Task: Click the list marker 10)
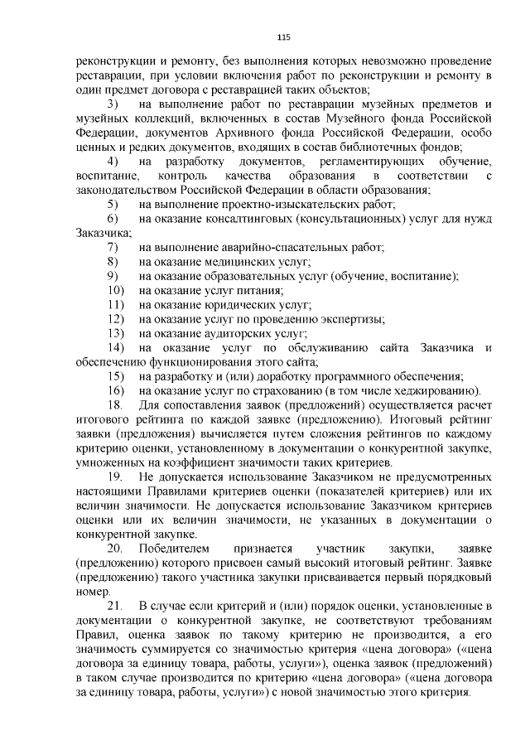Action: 116,290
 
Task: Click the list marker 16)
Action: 116,390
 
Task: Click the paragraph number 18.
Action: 115,404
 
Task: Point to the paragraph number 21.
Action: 115,607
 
